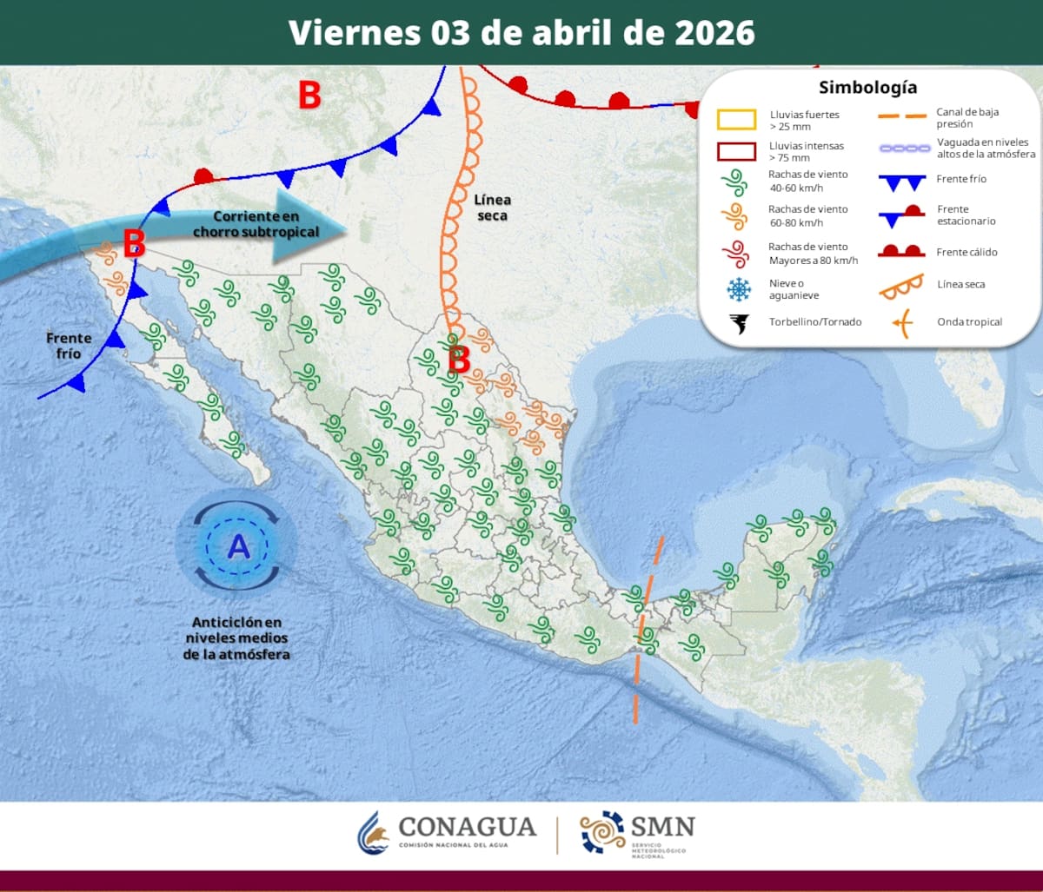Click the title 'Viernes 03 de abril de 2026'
click(x=521, y=32)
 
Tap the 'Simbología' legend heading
click(x=867, y=88)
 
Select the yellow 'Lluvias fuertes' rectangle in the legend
click(x=736, y=120)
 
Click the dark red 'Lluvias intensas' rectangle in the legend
click(x=736, y=151)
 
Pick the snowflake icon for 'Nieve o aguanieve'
click(x=739, y=289)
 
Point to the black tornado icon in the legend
click(x=740, y=323)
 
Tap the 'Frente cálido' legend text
click(x=967, y=253)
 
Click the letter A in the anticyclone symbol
click(x=237, y=546)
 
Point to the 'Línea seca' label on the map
click(x=492, y=208)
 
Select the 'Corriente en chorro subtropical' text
click(x=256, y=224)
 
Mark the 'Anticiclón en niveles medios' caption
click(x=237, y=638)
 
